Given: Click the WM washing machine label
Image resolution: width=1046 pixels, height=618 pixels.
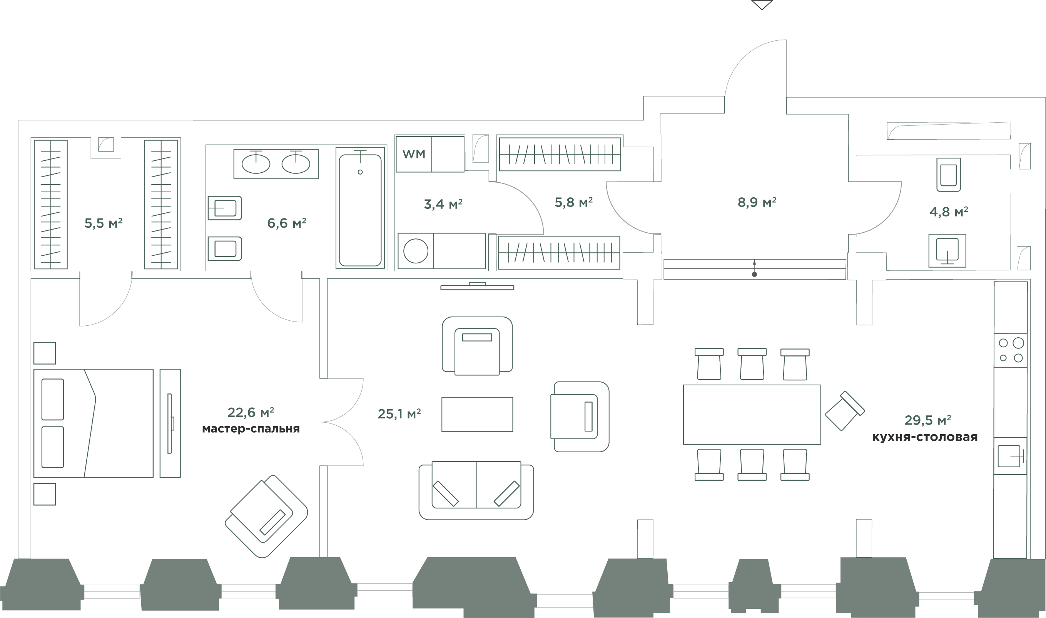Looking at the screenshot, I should click(x=414, y=154).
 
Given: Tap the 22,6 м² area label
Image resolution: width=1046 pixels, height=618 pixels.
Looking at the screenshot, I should click(x=251, y=412).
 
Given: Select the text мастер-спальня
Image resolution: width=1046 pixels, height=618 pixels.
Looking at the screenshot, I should click(x=251, y=429).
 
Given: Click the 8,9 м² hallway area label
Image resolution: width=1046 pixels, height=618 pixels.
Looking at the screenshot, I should click(x=756, y=203).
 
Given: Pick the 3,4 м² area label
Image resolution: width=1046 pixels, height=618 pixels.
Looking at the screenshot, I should click(x=443, y=204).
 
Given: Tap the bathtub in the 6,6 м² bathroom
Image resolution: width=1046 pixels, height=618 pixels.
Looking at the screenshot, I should click(x=360, y=210).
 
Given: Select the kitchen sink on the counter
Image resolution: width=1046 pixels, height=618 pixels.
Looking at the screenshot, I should click(x=1011, y=456).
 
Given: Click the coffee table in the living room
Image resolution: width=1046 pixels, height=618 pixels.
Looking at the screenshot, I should click(x=477, y=414).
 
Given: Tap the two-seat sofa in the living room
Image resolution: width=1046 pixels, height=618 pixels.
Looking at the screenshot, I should click(x=476, y=491).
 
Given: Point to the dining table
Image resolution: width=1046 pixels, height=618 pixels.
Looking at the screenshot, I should click(x=752, y=414).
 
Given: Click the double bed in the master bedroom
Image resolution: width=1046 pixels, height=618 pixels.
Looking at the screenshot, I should click(x=94, y=423).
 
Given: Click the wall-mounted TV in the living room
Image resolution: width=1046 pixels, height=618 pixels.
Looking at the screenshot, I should click(x=477, y=287).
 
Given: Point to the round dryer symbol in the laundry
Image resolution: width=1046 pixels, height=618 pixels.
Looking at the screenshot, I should click(x=416, y=252).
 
